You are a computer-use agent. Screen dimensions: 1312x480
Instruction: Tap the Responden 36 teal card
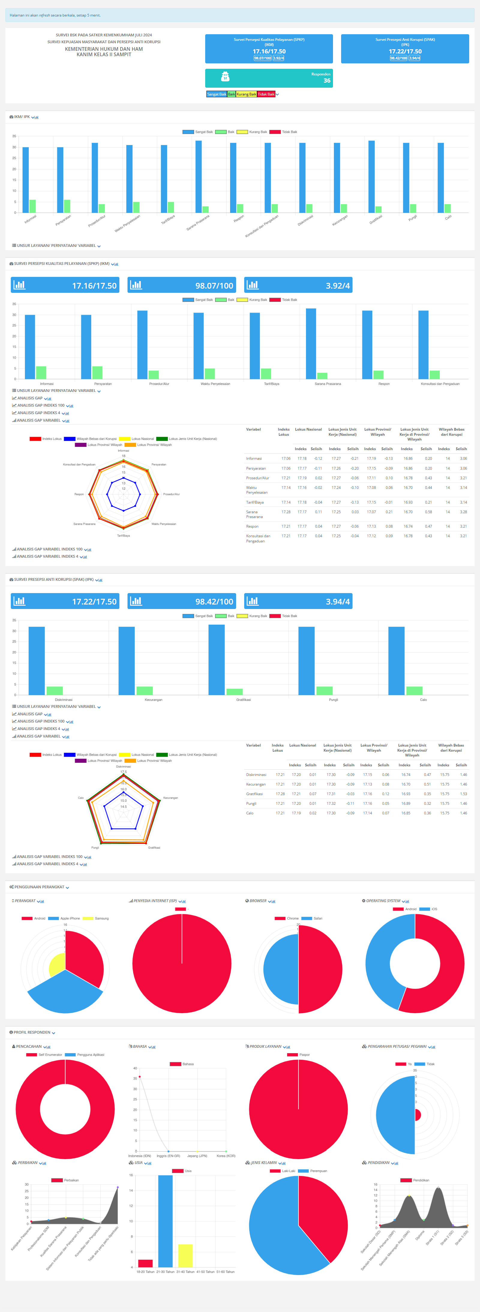[269, 78]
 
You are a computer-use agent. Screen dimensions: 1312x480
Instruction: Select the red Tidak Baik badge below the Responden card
[266, 94]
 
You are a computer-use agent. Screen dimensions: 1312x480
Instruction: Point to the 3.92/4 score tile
[298, 285]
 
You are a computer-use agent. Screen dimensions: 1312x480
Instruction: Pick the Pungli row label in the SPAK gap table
[251, 803]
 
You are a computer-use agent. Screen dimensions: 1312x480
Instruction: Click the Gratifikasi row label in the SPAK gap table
[254, 793]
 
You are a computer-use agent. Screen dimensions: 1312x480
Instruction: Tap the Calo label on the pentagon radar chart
[81, 798]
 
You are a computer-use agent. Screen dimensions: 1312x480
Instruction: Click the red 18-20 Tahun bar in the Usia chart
[145, 1263]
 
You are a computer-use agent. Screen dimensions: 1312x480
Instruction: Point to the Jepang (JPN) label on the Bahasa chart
[197, 1156]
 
